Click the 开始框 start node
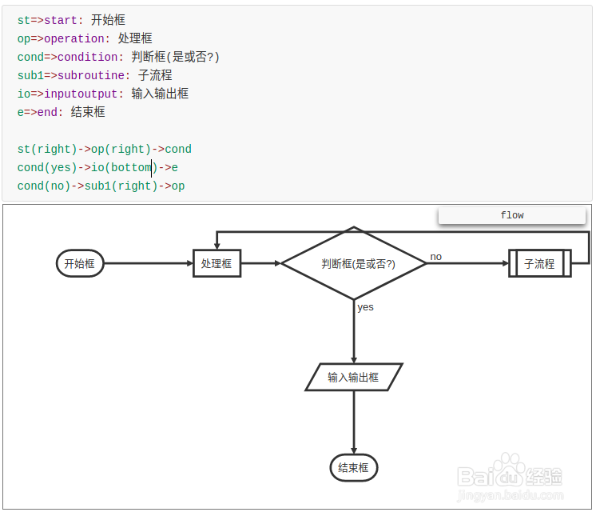point(80,263)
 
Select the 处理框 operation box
point(217,263)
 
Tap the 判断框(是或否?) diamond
point(354,263)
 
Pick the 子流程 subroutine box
point(539,263)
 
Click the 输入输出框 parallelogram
point(353,377)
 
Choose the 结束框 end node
point(353,468)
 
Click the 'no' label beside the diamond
point(435,257)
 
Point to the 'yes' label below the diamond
point(365,307)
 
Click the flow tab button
point(511,215)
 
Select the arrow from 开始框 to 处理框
point(149,263)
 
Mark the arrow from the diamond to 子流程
point(467,263)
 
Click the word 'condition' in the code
point(88,57)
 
